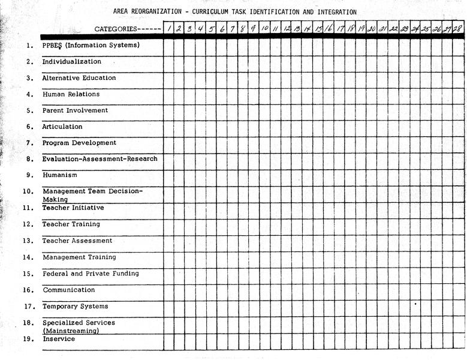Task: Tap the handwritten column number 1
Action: pyautogui.click(x=169, y=28)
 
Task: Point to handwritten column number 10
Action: pyautogui.click(x=264, y=28)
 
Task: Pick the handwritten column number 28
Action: pyautogui.click(x=458, y=28)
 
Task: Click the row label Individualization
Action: pyautogui.click(x=71, y=62)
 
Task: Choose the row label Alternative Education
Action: pyautogui.click(x=79, y=78)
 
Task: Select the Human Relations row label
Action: pyautogui.click(x=71, y=94)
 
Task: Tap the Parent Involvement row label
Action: pyautogui.click(x=75, y=110)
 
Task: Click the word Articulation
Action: pyautogui.click(x=62, y=127)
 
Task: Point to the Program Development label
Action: pyautogui.click(x=79, y=143)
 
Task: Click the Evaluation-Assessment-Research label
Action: pyautogui.click(x=100, y=159)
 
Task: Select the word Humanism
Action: pyautogui.click(x=60, y=175)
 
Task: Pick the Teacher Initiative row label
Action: pyautogui.click(x=73, y=208)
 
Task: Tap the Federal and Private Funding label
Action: pyautogui.click(x=91, y=274)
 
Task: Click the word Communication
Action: pyautogui.click(x=69, y=290)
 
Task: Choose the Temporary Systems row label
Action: pyautogui.click(x=75, y=307)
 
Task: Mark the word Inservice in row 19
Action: pyautogui.click(x=59, y=339)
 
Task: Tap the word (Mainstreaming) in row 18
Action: pyautogui.click(x=71, y=331)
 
